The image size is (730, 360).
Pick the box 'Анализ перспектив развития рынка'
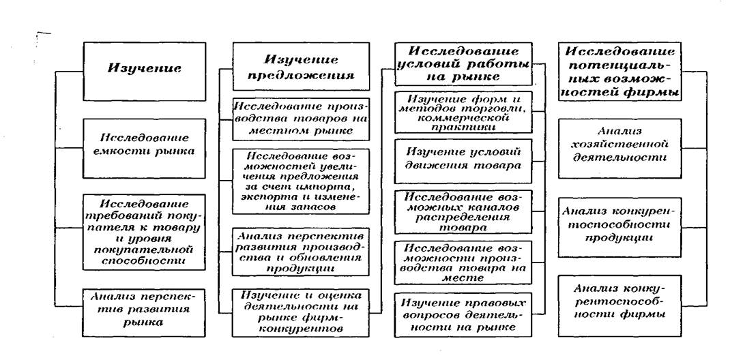[x=144, y=309]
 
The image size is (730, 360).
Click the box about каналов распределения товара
[x=463, y=211]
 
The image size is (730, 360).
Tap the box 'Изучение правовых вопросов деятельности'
[x=463, y=314]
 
